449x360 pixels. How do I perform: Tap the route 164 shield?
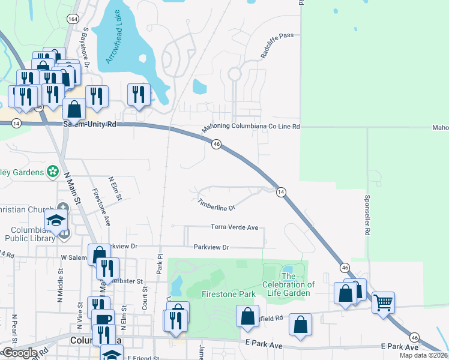[73, 19]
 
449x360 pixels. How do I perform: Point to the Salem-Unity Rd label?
[89, 124]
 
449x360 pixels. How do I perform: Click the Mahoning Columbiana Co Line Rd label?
[250, 127]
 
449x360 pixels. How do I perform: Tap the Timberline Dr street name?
[215, 205]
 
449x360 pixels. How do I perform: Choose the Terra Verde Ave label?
[234, 227]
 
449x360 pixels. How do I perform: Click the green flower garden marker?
[53, 172]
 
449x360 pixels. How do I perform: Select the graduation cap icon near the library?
[56, 220]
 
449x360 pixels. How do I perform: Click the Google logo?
[19, 353]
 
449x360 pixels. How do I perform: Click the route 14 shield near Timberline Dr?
[280, 192]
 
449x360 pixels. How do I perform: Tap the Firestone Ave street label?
[100, 207]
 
